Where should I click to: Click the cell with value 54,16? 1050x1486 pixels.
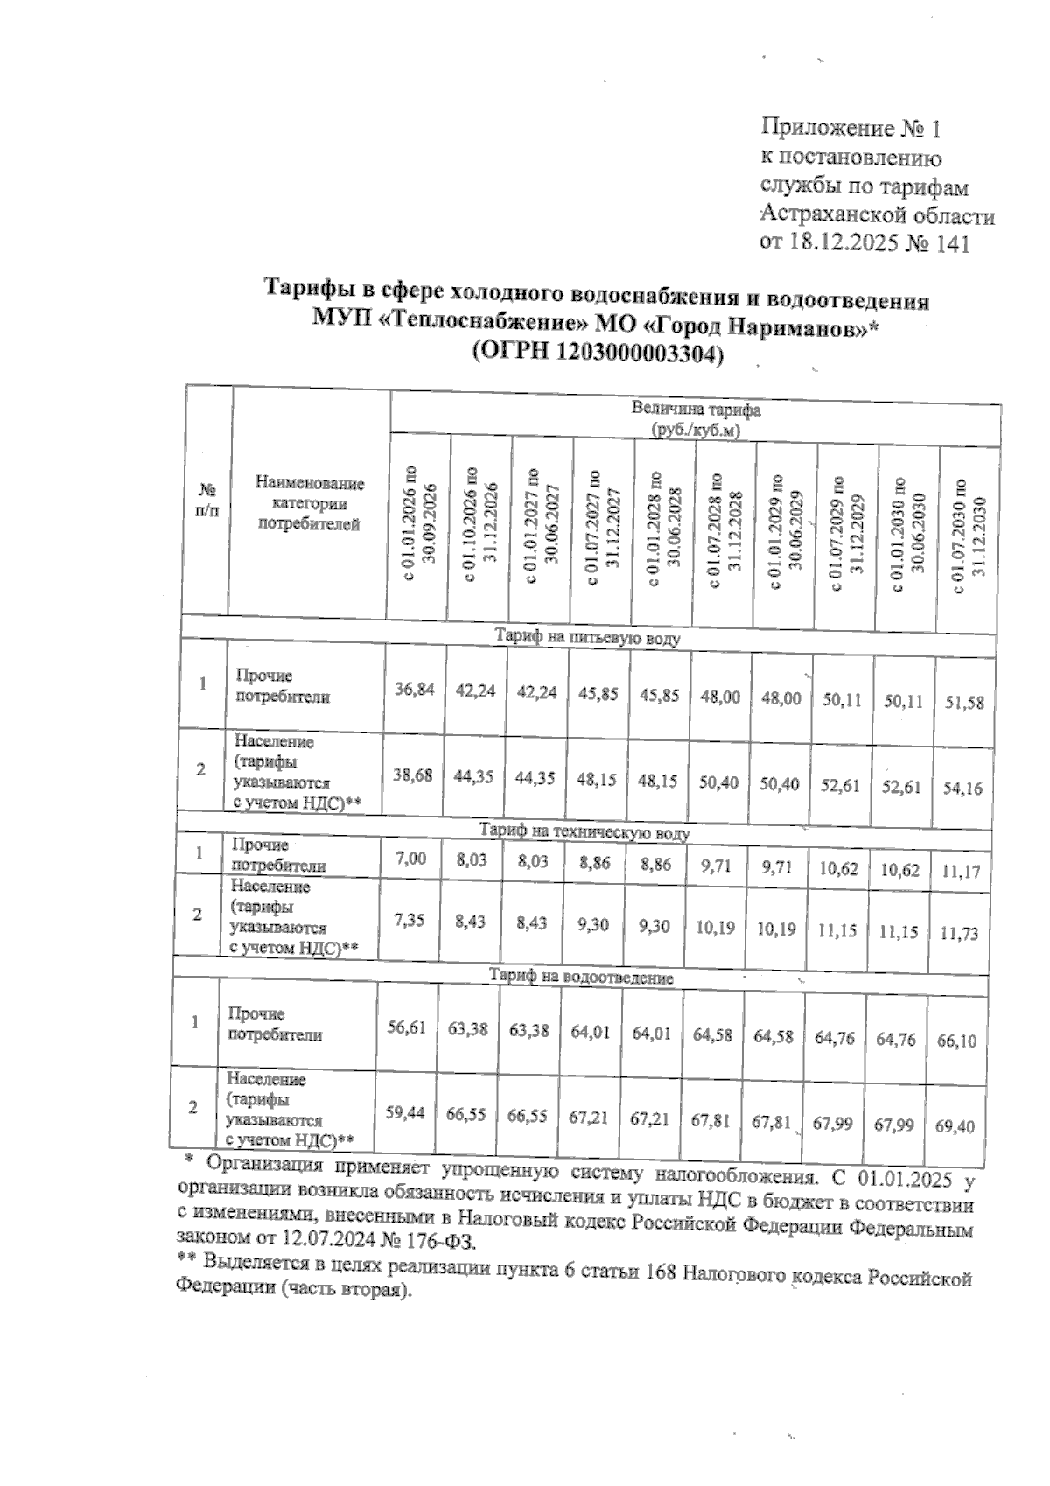(x=963, y=788)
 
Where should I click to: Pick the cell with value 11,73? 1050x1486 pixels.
(x=962, y=933)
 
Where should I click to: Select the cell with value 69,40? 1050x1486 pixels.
(x=955, y=1126)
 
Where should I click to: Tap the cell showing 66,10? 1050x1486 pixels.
(x=955, y=1041)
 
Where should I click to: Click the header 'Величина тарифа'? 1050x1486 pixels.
(x=696, y=410)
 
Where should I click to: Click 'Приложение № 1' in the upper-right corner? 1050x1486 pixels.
(x=850, y=130)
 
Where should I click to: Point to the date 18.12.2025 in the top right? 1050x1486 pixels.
(x=843, y=243)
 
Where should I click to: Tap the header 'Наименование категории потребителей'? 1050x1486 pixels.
(x=310, y=504)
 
